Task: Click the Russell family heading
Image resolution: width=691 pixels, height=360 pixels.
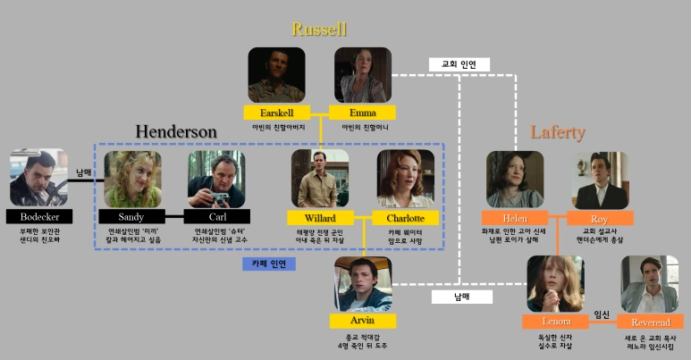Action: (319, 29)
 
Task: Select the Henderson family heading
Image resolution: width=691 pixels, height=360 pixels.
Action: (176, 132)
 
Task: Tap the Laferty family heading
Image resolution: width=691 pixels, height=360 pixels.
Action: (558, 133)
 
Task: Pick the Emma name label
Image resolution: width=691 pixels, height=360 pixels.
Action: (362, 113)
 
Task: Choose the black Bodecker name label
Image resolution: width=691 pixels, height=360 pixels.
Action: (38, 217)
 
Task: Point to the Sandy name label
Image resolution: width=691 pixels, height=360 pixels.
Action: (131, 217)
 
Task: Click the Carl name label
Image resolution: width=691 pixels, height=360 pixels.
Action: (216, 217)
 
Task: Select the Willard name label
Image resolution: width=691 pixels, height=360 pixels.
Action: (319, 218)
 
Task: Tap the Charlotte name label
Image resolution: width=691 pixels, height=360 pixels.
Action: (405, 218)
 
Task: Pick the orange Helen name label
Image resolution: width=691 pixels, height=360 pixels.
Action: (514, 218)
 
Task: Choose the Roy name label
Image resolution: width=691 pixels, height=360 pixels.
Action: (600, 218)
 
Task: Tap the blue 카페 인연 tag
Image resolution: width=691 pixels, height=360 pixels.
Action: (269, 264)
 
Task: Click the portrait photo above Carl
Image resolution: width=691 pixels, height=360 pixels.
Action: (216, 179)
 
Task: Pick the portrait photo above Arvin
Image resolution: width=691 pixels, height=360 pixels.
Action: (363, 284)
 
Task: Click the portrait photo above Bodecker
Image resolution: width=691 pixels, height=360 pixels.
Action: (38, 178)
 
